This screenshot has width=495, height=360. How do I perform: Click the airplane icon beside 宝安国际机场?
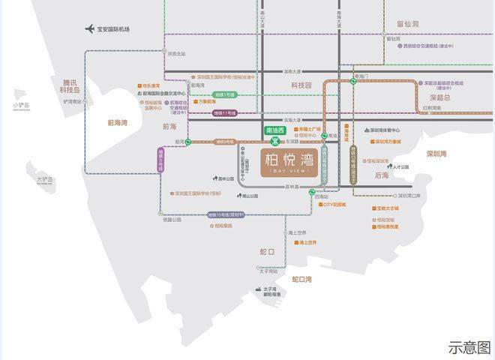click(90, 29)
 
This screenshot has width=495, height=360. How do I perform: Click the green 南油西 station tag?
click(276, 130)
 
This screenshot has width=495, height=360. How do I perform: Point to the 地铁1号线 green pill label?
click(224, 95)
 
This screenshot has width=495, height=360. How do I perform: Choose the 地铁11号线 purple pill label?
click(224, 113)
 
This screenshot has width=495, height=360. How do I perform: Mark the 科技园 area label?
click(301, 85)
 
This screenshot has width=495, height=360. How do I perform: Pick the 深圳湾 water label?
click(436, 154)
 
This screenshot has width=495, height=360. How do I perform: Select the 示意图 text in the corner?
click(469, 347)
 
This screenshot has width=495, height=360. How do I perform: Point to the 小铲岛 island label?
click(21, 106)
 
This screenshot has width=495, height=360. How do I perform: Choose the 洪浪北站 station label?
click(175, 53)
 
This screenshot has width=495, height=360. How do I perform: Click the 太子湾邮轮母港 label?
click(271, 292)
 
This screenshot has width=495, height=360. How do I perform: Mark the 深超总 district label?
click(439, 97)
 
